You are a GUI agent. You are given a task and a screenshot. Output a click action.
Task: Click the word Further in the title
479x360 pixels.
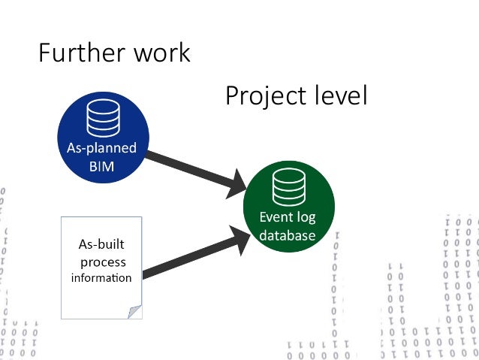pyautogui.click(x=75, y=53)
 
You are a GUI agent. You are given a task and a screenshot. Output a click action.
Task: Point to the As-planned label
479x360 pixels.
pyautogui.click(x=101, y=148)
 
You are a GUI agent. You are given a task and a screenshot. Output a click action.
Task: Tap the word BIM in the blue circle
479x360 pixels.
pyautogui.click(x=101, y=167)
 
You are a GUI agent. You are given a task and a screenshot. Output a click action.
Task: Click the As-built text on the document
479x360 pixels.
pyautogui.click(x=101, y=244)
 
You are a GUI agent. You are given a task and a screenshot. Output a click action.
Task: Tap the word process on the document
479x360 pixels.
pyautogui.click(x=102, y=262)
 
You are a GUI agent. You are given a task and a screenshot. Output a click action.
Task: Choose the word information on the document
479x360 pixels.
pyautogui.click(x=101, y=278)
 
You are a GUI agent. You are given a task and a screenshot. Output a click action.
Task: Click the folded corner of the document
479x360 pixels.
pyautogui.click(x=134, y=311)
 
